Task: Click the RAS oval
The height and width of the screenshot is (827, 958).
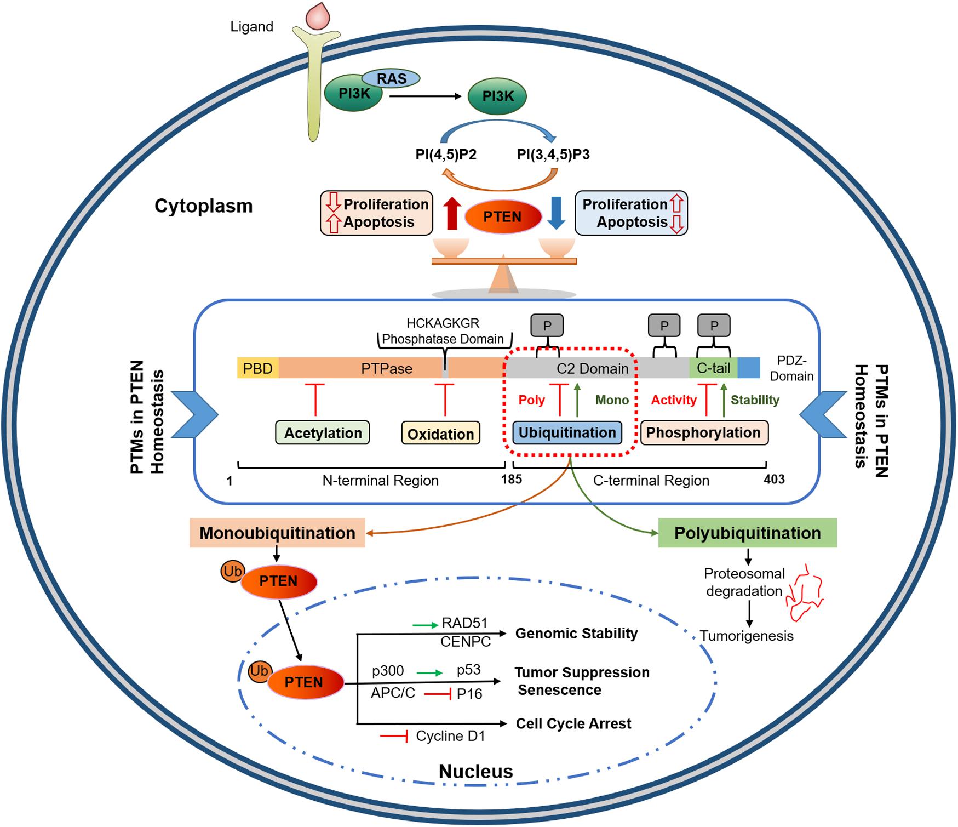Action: tap(391, 78)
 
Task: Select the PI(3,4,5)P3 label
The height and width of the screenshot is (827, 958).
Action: tap(553, 155)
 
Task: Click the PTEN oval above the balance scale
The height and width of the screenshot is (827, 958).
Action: tap(502, 217)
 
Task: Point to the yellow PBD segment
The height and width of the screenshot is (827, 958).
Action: tap(258, 368)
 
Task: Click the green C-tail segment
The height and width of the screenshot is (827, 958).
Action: tap(713, 368)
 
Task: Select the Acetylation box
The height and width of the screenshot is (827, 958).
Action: tap(323, 433)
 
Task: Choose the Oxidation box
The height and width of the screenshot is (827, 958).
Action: tap(440, 434)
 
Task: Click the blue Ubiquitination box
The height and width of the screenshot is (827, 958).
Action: tap(567, 432)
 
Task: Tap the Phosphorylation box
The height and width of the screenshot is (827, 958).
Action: tap(704, 432)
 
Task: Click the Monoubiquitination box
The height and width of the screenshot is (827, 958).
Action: tap(277, 533)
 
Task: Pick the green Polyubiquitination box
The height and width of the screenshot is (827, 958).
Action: tap(747, 533)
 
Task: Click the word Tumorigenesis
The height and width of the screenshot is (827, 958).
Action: tap(747, 636)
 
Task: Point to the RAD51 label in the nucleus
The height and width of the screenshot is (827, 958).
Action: tap(464, 623)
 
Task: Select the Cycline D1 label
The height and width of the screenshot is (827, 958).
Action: tap(450, 736)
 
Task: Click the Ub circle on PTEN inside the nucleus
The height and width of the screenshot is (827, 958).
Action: tap(259, 671)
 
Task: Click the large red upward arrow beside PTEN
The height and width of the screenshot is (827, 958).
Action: tap(451, 214)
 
